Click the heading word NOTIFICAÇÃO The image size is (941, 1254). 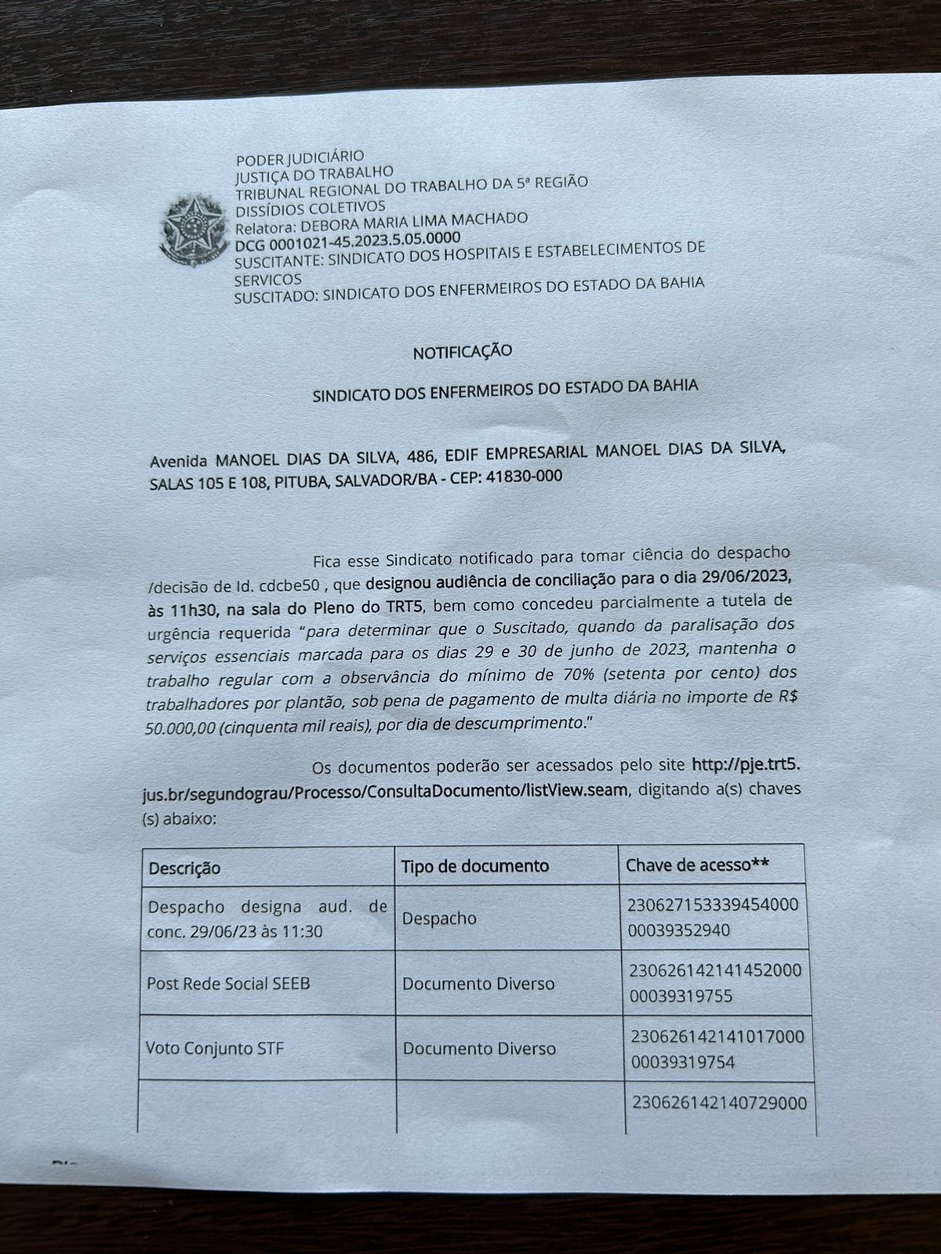pos(463,351)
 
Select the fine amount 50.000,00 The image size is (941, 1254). pos(180,727)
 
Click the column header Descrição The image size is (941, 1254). pos(185,868)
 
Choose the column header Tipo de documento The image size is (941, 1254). pos(475,866)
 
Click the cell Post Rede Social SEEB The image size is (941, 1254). pos(228,983)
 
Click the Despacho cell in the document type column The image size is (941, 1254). pos(438,918)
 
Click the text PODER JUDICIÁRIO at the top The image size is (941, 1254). pos(300,158)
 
